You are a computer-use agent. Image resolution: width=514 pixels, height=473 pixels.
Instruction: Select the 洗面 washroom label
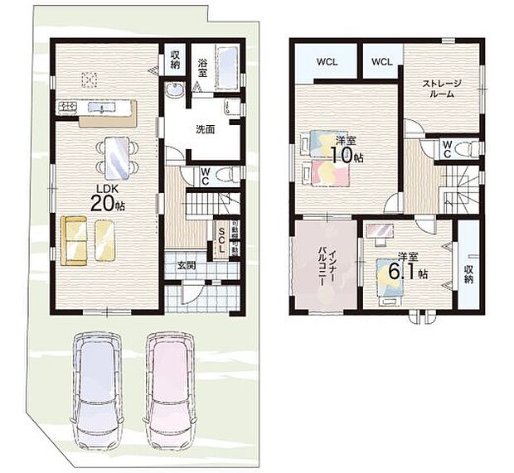coord(206,129)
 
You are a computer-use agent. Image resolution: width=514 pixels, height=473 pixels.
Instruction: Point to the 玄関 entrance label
coord(187,265)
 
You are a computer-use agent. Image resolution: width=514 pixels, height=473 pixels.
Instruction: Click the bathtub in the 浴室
coord(227,62)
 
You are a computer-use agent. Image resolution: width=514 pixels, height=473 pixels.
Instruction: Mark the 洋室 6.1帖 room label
coord(411,268)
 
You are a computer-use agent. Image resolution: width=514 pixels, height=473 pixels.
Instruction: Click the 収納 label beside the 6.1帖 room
coord(469,274)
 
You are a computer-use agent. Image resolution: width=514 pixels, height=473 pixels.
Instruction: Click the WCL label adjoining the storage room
coord(381,61)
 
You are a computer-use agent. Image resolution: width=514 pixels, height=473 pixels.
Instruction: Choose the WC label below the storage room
coord(446,147)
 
